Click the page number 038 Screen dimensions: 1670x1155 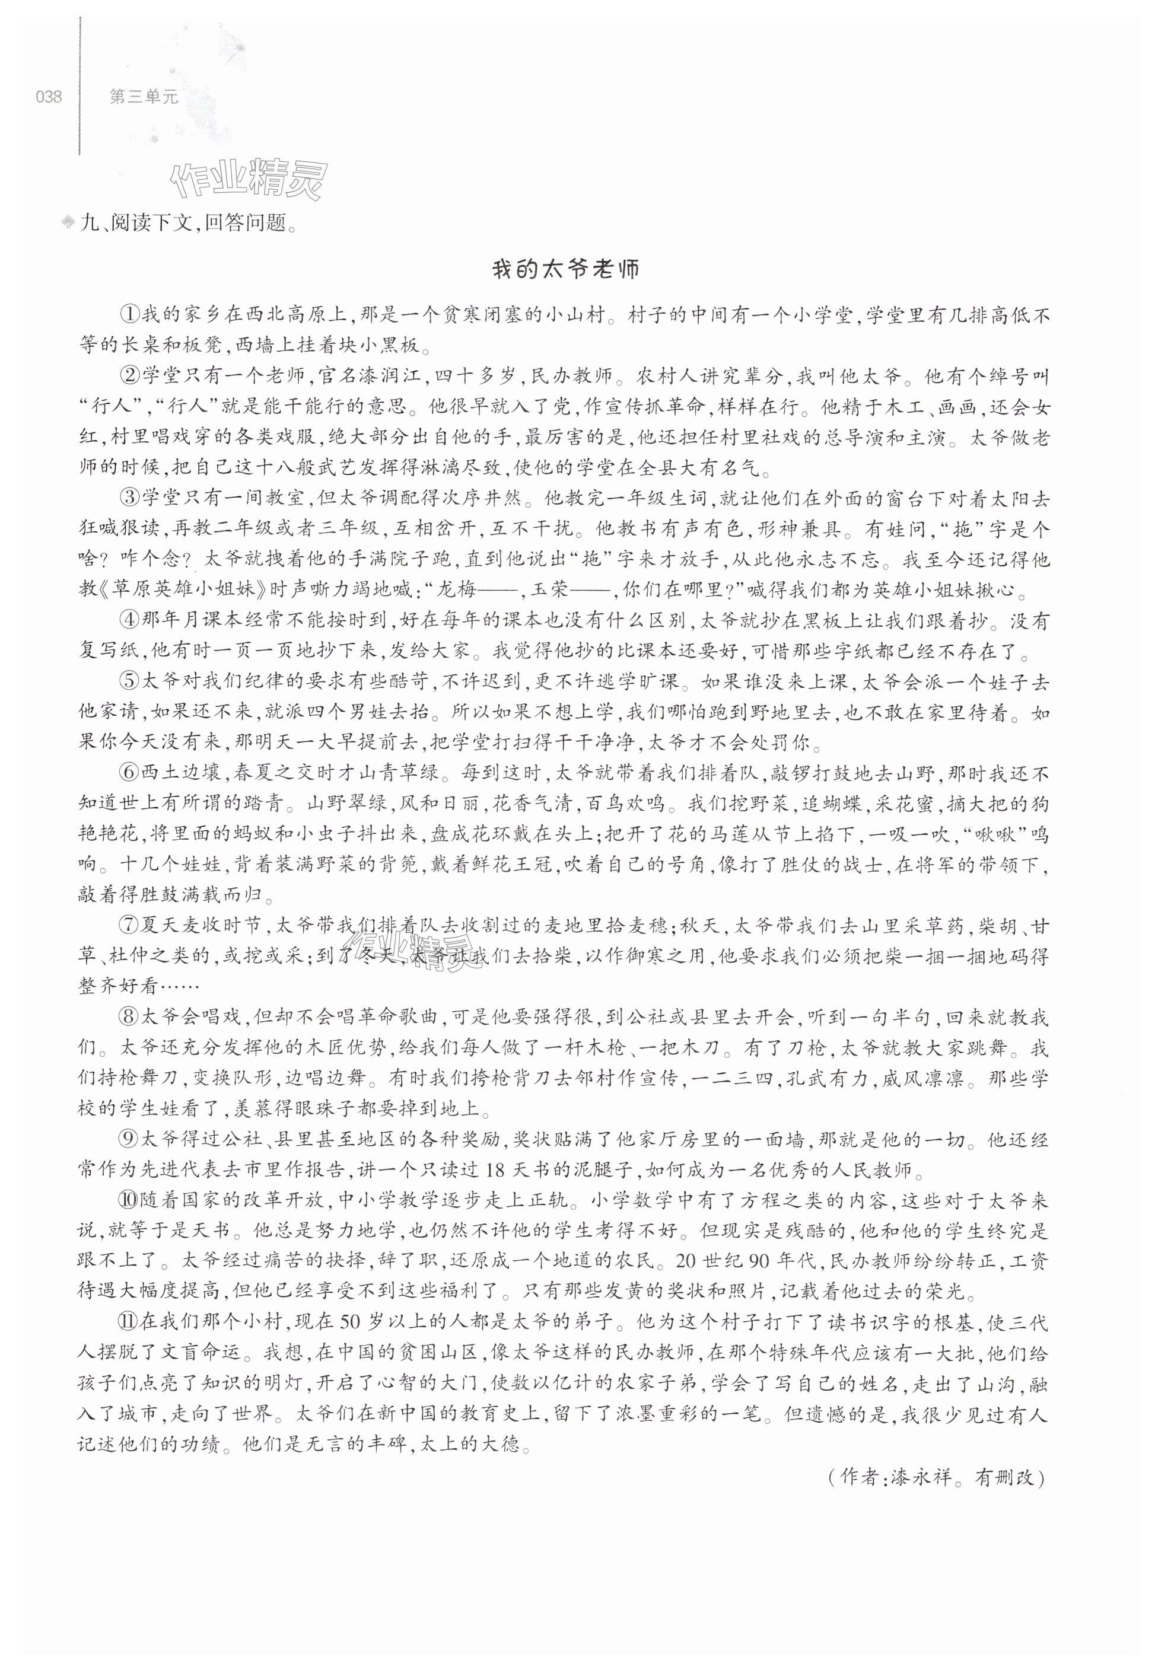[49, 96]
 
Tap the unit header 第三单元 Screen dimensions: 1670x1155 [144, 96]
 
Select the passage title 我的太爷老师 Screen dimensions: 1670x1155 [566, 269]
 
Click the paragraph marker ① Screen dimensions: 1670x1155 [129, 315]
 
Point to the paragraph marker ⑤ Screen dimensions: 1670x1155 [129, 682]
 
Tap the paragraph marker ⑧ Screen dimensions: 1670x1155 [129, 1018]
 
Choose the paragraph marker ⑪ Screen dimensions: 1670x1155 [129, 1323]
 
